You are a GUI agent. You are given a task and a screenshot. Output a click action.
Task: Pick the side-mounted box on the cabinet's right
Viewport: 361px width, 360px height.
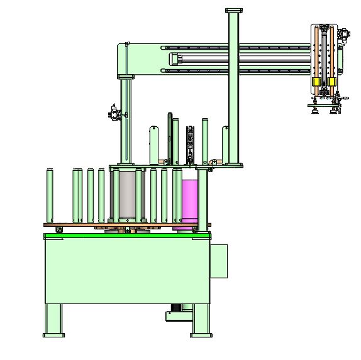click(219, 260)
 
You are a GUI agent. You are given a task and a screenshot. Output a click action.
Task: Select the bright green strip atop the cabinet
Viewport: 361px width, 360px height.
click(126, 235)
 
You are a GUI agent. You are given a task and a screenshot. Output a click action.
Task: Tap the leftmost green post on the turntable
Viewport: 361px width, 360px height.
click(50, 195)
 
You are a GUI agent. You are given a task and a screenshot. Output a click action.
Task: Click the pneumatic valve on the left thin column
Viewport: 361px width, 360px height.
click(114, 113)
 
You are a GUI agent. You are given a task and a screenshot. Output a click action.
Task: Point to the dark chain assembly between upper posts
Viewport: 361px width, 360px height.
click(190, 145)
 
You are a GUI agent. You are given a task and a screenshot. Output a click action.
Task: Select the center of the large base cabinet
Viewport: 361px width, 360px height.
click(126, 270)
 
